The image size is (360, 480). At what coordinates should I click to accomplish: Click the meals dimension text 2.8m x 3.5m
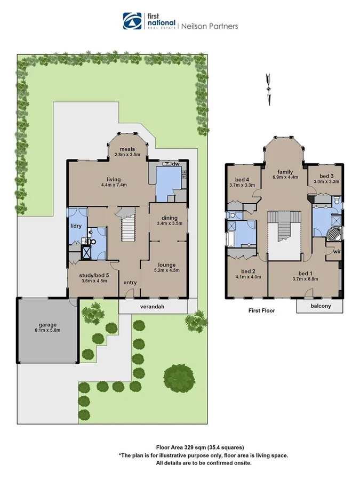(x=127, y=155)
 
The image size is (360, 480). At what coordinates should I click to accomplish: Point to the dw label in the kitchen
(x=174, y=164)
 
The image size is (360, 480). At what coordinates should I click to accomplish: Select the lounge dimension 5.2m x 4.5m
(x=166, y=270)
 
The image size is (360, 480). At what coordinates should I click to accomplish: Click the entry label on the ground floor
(x=130, y=282)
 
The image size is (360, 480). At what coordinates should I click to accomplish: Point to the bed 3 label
(x=327, y=176)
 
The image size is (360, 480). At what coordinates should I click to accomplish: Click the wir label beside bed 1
(x=337, y=251)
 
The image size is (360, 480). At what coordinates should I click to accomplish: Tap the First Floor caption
(x=262, y=310)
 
